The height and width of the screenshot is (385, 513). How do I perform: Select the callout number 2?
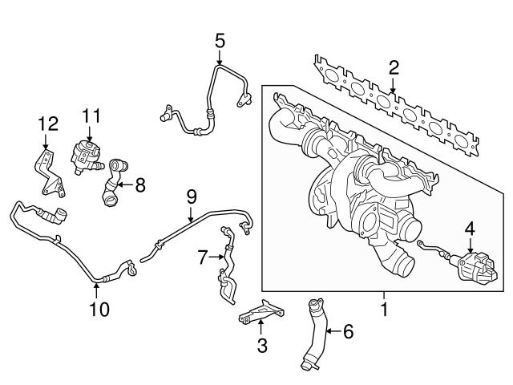pyautogui.click(x=393, y=67)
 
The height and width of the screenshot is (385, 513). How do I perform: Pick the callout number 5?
pyautogui.click(x=220, y=38)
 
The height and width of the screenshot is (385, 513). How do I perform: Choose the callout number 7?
pyautogui.click(x=203, y=257)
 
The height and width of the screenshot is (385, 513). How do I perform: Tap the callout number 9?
pyautogui.click(x=191, y=195)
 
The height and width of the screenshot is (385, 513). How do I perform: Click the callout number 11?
pyautogui.click(x=92, y=116)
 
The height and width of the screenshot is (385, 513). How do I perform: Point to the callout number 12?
pyautogui.click(x=48, y=123)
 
